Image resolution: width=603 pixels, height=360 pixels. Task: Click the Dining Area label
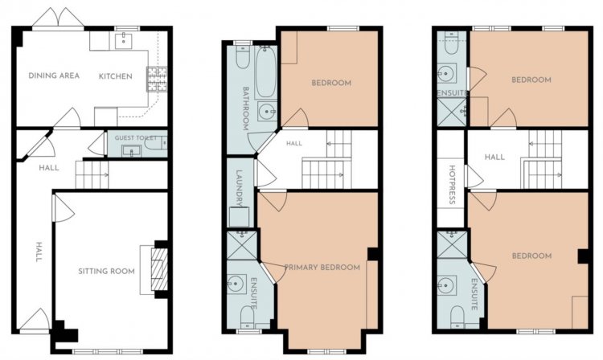pyautogui.click(x=54, y=76)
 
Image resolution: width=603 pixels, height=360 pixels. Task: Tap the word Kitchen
pyautogui.click(x=115, y=76)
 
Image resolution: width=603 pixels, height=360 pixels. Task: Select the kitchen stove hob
pyautogui.click(x=157, y=79)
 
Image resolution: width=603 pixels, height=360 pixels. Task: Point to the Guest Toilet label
pyautogui.click(x=136, y=137)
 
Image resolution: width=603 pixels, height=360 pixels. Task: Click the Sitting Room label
pyautogui.click(x=106, y=272)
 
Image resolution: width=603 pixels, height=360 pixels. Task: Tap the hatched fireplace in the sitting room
pyautogui.click(x=160, y=269)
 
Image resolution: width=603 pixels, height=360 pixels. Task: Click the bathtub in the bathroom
pyautogui.click(x=266, y=72)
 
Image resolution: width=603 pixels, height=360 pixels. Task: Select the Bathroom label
pyautogui.click(x=245, y=108)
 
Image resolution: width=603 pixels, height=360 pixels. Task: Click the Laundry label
pyautogui.click(x=240, y=188)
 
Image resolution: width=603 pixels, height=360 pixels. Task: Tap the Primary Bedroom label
pyautogui.click(x=322, y=267)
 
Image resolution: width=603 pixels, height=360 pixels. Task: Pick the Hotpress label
pyautogui.click(x=452, y=185)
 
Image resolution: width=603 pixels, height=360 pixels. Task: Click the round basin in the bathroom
pyautogui.click(x=266, y=112)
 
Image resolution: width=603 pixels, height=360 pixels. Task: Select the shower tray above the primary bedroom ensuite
pyautogui.click(x=242, y=245)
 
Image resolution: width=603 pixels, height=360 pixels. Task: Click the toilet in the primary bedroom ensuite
pyautogui.click(x=248, y=317)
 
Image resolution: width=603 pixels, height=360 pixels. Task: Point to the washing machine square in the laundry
pyautogui.click(x=240, y=217)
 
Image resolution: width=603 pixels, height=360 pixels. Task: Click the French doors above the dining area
pyautogui.click(x=58, y=18)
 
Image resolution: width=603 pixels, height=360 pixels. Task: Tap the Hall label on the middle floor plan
pyautogui.click(x=294, y=143)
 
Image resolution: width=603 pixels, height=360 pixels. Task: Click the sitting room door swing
pyautogui.click(x=63, y=208)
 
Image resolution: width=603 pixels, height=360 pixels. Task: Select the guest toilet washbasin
pyautogui.click(x=132, y=151)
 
